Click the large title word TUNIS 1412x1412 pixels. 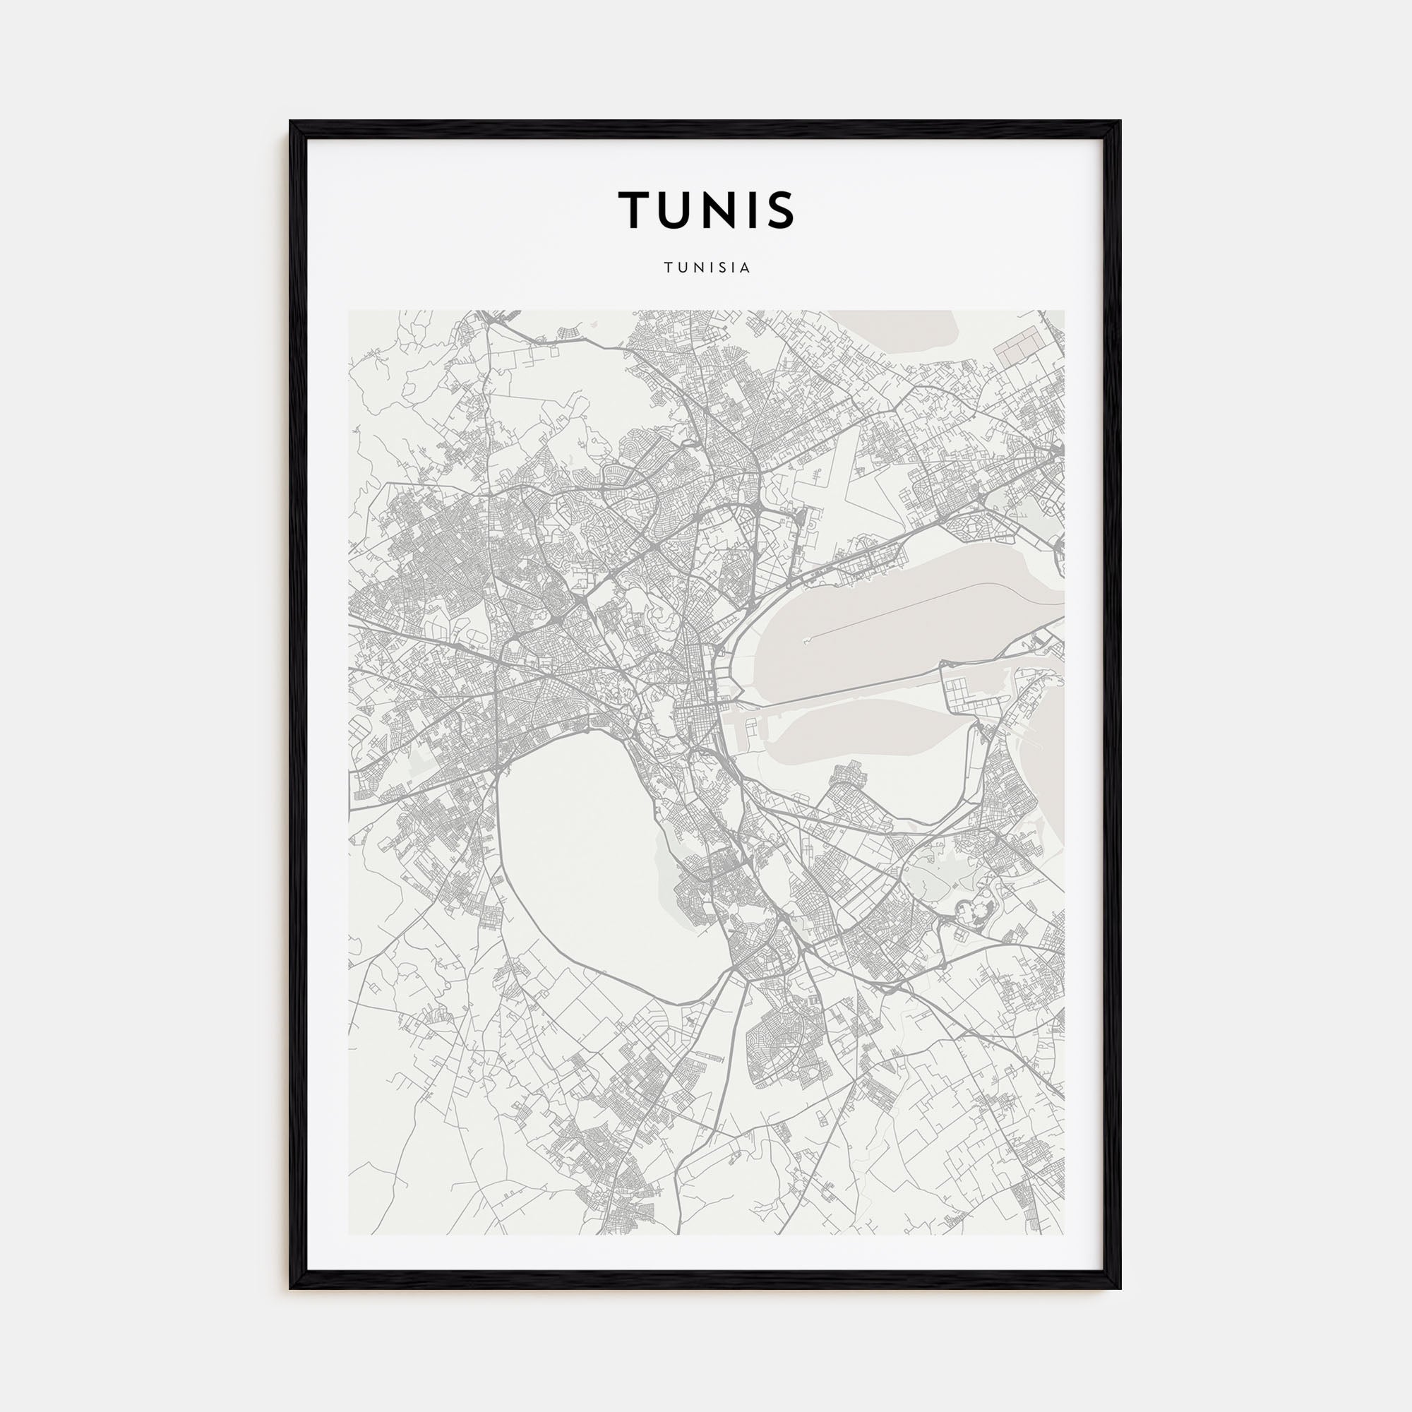706,210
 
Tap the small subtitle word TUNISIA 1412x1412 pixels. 707,268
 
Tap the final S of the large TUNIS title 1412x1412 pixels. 780,210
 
